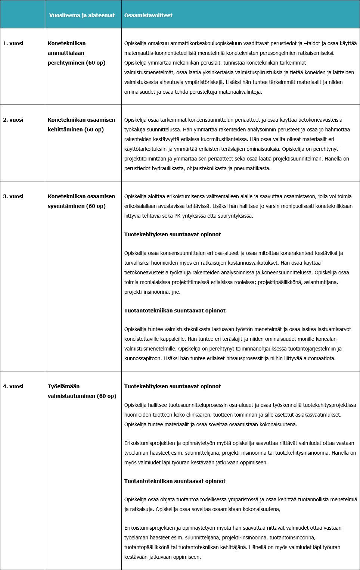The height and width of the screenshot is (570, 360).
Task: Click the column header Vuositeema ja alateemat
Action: click(82, 15)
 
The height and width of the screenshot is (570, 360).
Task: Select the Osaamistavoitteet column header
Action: click(148, 15)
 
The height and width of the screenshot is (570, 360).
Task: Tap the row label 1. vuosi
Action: click(13, 43)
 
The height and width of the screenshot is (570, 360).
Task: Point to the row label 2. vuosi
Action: click(13, 120)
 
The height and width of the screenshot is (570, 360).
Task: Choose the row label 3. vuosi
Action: click(13, 196)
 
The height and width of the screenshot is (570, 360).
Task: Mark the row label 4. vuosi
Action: click(13, 386)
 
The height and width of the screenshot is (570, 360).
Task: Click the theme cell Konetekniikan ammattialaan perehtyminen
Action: click(76, 53)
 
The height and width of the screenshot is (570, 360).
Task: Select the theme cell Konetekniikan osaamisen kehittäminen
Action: click(81, 125)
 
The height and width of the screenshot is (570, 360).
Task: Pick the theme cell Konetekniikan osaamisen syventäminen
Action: click(81, 201)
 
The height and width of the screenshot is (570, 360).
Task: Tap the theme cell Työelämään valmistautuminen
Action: click(82, 391)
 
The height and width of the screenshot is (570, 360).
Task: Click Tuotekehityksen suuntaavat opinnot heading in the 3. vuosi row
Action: click(172, 234)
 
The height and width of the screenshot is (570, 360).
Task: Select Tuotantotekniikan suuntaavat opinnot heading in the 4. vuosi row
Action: click(175, 481)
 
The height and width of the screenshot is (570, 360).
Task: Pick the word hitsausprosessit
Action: click(247, 358)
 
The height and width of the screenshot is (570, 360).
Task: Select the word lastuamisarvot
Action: click(334, 329)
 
